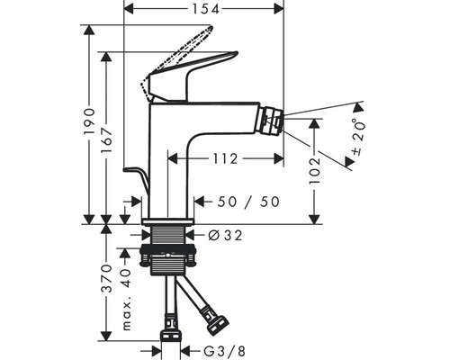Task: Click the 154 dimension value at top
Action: [x=203, y=9]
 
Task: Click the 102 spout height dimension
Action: [x=315, y=171]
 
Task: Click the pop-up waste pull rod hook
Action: [x=133, y=173]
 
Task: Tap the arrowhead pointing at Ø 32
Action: [x=195, y=236]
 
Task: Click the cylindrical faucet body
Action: [x=168, y=157]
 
